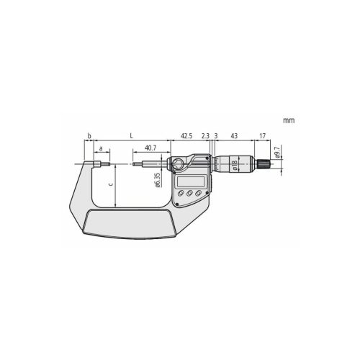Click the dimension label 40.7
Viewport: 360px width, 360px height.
pos(150,148)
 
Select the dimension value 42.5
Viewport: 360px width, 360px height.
pos(186,136)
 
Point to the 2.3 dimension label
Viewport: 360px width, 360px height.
pos(205,136)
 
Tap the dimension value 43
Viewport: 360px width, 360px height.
pos(234,136)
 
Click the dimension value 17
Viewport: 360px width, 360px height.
pos(263,136)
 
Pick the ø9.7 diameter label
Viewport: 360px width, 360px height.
pos(277,151)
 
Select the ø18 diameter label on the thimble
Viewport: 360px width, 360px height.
pos(235,166)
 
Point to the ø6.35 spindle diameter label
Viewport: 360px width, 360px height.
pos(158,180)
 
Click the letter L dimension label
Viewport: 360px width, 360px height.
pos(131,136)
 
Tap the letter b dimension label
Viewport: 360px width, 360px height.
pos(89,136)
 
